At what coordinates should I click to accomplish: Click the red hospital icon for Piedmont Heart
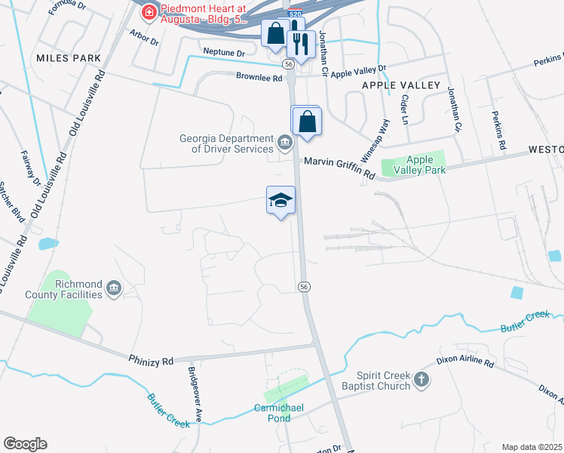coord(149,13)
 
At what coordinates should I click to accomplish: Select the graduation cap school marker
coord(280,200)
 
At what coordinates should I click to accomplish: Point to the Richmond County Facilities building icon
coord(114,288)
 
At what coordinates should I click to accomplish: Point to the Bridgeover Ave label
coord(195,393)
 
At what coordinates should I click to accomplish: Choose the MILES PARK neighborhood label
coord(67,58)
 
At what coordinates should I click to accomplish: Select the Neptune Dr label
coord(224,53)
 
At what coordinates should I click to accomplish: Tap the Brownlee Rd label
coord(258,77)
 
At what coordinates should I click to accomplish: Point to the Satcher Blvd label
coord(13,199)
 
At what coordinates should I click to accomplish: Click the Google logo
coord(25,444)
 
